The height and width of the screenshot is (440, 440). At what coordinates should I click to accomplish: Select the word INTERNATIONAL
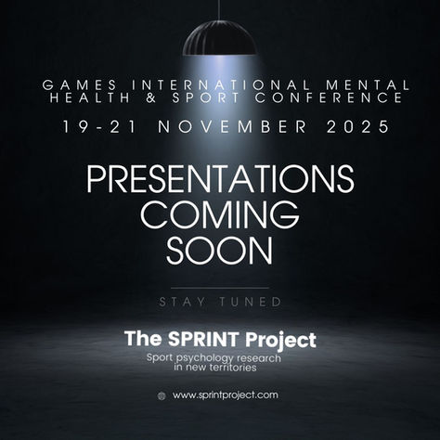199,84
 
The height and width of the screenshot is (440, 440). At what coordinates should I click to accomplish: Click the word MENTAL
346,84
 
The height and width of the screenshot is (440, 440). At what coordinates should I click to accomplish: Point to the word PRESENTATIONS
220,178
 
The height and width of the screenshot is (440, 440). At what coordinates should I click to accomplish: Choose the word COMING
220,214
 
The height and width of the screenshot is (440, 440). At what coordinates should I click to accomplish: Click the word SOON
220,248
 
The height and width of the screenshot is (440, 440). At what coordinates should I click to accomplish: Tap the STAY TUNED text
220,302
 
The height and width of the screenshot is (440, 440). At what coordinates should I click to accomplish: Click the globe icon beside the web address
162,395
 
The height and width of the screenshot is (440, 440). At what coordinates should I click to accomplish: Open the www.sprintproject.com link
226,395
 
